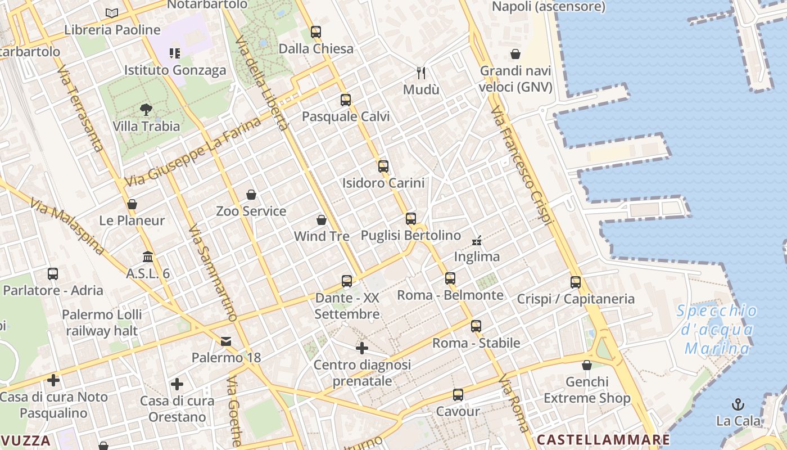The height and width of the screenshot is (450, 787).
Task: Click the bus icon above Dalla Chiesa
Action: (x=316, y=31)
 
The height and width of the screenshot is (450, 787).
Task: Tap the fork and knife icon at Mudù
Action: (x=421, y=73)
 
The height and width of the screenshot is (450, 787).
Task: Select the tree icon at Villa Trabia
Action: (x=146, y=109)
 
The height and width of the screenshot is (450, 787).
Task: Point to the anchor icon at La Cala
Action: (x=738, y=404)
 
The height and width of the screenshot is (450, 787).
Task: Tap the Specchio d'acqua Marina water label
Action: (x=717, y=330)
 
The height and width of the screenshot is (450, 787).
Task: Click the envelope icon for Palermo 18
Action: (x=226, y=341)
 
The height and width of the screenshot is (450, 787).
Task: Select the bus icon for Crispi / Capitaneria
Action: (x=576, y=282)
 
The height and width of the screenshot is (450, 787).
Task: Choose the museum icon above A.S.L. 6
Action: (x=148, y=256)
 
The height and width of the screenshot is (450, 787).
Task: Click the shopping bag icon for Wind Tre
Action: (x=322, y=219)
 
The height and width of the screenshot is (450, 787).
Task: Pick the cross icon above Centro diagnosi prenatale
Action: (x=362, y=348)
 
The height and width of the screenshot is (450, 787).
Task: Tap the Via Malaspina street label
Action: (x=68, y=226)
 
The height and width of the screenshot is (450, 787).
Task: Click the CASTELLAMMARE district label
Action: (x=603, y=439)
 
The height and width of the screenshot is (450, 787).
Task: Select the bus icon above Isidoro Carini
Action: (x=383, y=166)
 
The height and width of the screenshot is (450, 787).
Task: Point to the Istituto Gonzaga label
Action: (x=175, y=70)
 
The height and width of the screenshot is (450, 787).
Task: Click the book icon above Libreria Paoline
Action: (x=112, y=12)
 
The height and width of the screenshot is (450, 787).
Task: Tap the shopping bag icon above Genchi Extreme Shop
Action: (x=587, y=365)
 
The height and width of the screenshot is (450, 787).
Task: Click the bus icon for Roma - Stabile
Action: (x=476, y=326)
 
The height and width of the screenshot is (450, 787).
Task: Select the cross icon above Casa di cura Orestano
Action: (x=177, y=384)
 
